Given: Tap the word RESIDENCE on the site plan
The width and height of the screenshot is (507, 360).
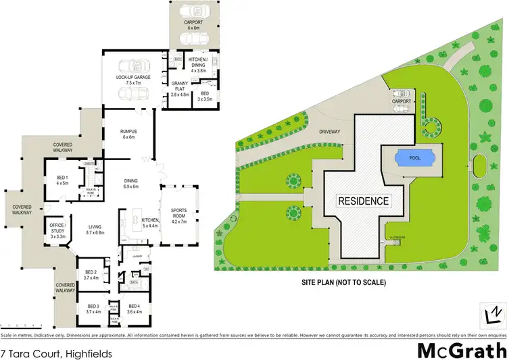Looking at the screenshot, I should click(x=364, y=201).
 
